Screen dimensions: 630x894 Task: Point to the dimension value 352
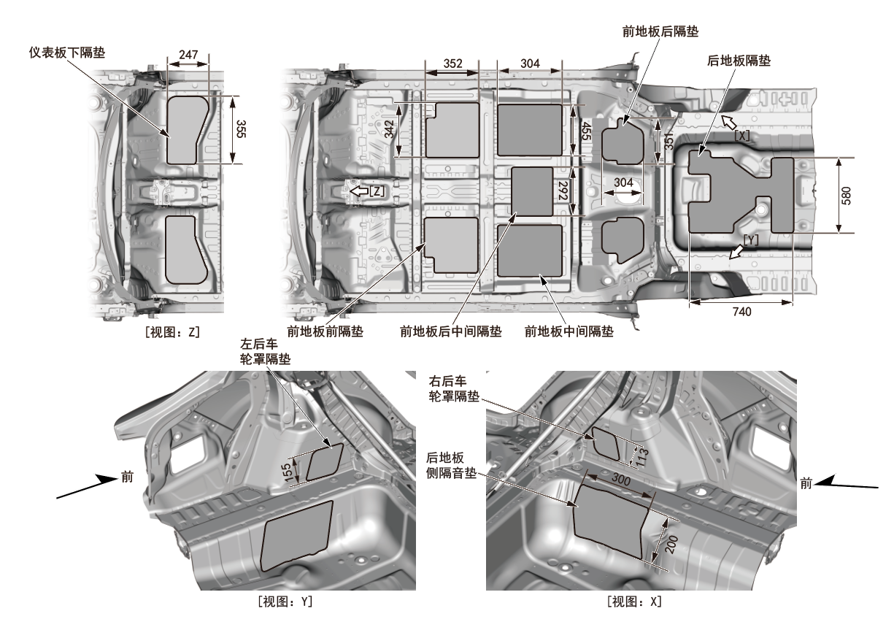tap(452, 64)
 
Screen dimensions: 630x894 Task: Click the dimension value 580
tap(846, 195)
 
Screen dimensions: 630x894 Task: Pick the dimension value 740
tap(741, 312)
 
